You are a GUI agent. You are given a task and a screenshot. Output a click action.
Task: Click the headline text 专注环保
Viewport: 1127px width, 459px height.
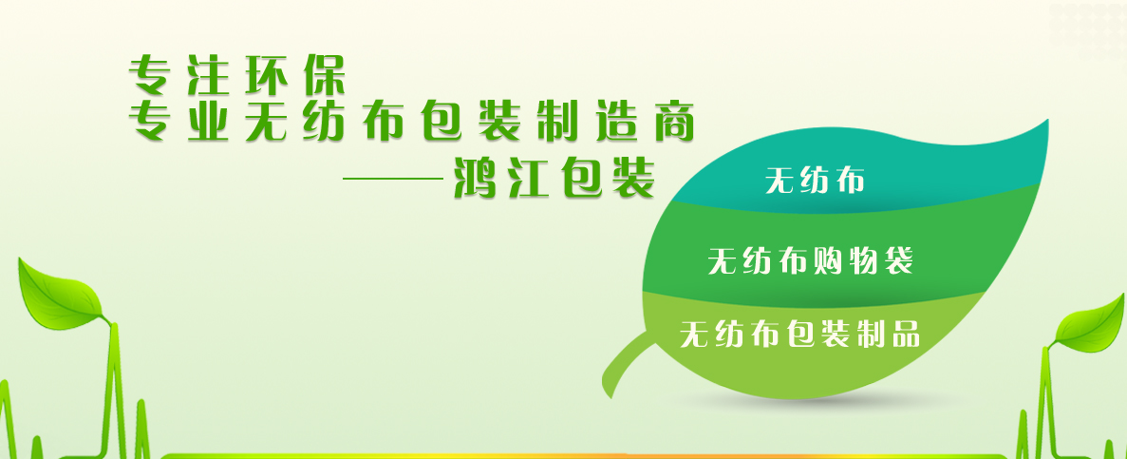(x=237, y=75)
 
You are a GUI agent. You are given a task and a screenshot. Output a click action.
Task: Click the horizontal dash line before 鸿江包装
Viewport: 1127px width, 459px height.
(x=393, y=179)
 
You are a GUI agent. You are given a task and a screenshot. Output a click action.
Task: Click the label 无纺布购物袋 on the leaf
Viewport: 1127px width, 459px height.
(x=811, y=260)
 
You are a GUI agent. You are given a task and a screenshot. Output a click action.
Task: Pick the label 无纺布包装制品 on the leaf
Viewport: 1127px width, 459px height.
(x=800, y=334)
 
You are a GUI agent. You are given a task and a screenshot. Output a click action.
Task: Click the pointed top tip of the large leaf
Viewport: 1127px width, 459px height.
(x=1047, y=120)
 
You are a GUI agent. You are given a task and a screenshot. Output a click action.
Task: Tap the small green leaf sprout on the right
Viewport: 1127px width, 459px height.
(x=1087, y=324)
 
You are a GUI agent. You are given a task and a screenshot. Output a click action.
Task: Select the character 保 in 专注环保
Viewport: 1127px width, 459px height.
(x=324, y=75)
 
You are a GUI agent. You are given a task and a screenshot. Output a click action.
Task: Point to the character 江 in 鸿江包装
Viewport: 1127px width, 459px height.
(x=531, y=177)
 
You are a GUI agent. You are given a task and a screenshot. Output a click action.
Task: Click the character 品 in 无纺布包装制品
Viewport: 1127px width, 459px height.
(x=906, y=334)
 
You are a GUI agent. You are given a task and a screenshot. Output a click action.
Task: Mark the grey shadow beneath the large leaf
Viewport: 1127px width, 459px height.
(x=812, y=403)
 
